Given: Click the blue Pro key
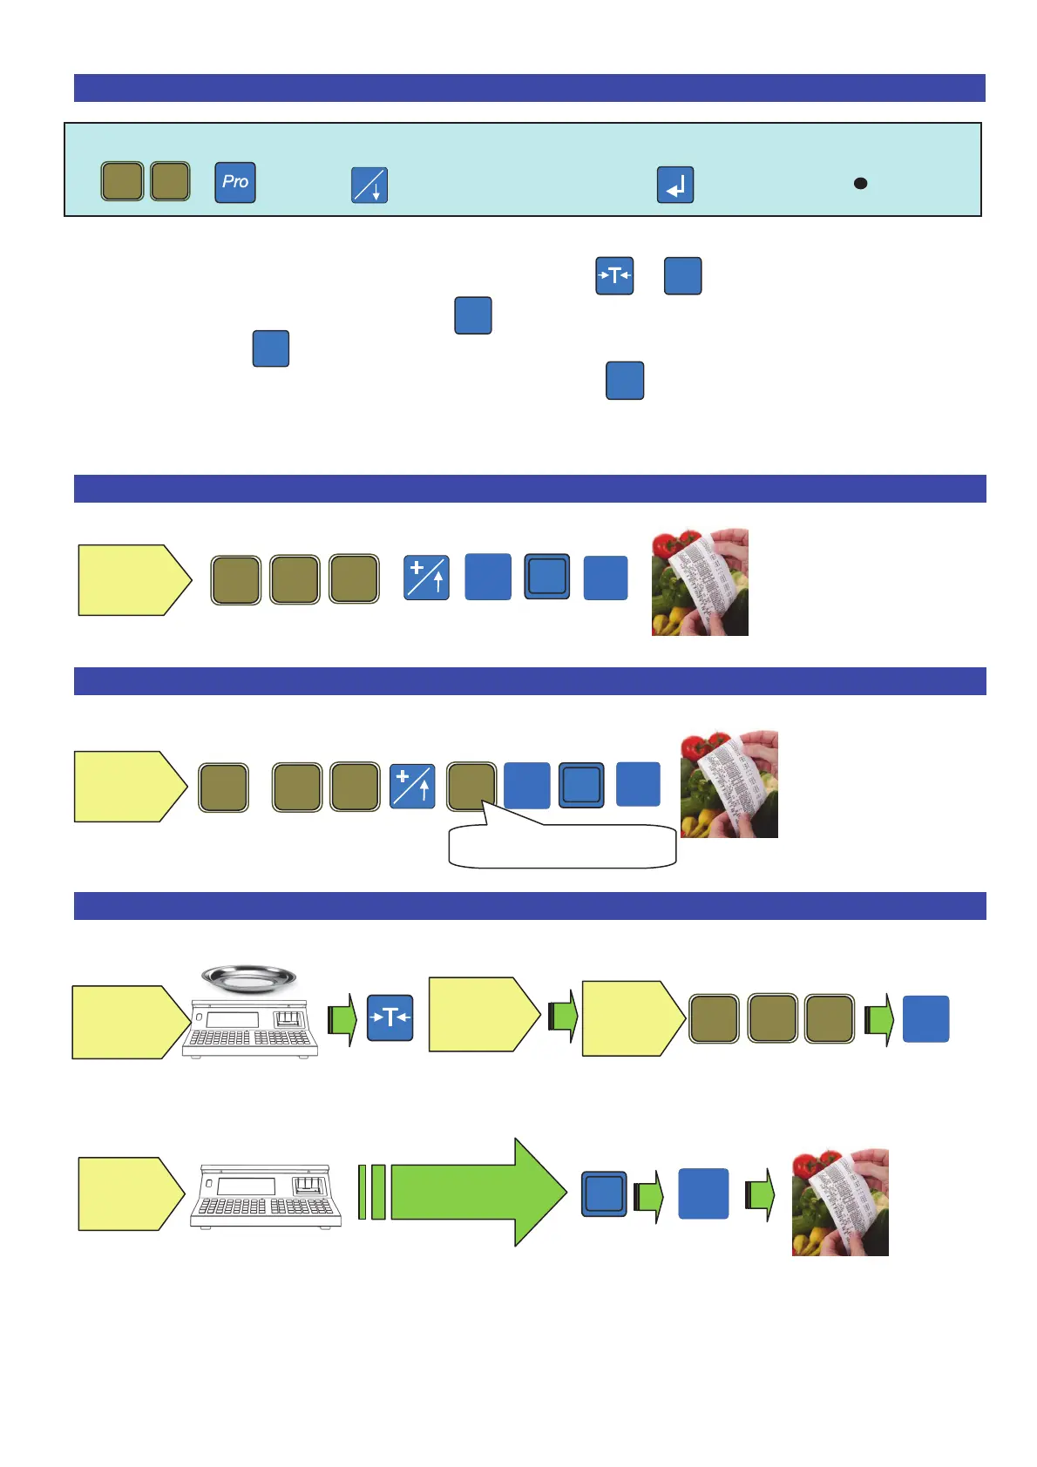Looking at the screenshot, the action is tap(235, 183).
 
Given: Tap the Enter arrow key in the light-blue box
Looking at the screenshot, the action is tap(675, 185).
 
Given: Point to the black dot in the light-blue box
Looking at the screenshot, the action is tap(860, 183).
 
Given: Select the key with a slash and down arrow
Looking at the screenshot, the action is tap(369, 185).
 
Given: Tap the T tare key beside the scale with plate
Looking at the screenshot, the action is tap(390, 1017).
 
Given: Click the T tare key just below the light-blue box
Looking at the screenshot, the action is tap(614, 276).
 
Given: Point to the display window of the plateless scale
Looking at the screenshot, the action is tap(246, 1186).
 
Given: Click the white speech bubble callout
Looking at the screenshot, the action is tap(562, 847).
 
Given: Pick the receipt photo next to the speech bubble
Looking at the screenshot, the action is tap(729, 784).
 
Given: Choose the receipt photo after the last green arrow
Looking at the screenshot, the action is tap(840, 1202).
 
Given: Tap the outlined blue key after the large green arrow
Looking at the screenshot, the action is tap(604, 1193).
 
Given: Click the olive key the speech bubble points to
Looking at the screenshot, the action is tap(471, 787).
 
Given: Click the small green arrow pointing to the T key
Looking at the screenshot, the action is tap(342, 1019).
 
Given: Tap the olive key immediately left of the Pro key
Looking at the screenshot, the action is tap(171, 182).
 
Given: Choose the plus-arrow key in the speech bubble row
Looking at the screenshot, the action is tap(412, 786).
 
